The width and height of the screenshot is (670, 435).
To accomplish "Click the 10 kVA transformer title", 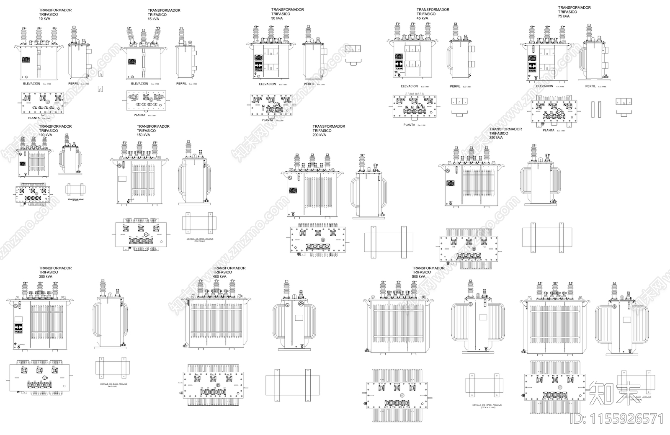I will click(x=55, y=14).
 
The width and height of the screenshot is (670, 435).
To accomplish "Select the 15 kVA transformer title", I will click(x=164, y=15).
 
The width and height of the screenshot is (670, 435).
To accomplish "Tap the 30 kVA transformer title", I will click(x=287, y=14).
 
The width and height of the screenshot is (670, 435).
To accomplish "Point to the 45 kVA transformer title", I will click(x=433, y=14).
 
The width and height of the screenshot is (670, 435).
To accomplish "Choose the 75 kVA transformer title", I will click(x=574, y=12).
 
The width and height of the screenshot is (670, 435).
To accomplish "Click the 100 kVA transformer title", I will click(x=55, y=131).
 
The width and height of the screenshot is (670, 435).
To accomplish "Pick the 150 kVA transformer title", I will click(x=153, y=131).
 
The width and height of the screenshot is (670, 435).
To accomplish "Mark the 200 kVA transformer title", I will click(x=329, y=131).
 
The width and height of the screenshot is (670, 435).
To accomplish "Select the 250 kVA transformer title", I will click(x=505, y=133).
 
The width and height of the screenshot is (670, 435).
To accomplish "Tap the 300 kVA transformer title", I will click(x=55, y=272).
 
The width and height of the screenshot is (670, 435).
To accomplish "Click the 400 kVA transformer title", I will click(x=229, y=272).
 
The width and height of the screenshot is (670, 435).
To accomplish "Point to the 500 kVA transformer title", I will click(x=428, y=272).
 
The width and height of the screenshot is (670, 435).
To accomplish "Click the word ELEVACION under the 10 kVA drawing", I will click(x=31, y=83).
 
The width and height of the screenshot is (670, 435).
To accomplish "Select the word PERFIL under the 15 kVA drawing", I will click(x=181, y=83).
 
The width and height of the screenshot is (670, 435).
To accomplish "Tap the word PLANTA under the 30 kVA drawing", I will click(x=267, y=120).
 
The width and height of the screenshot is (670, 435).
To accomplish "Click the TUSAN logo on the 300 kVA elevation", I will click(x=18, y=329).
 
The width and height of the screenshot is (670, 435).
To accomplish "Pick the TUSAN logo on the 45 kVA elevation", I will click(x=399, y=65).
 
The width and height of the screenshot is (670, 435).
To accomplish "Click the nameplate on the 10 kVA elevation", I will click(x=26, y=60).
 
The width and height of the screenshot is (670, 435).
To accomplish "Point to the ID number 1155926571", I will click(x=618, y=419).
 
